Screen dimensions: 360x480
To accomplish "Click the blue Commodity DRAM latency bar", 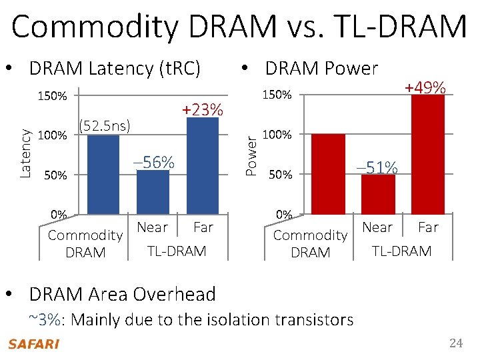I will pos(103,175).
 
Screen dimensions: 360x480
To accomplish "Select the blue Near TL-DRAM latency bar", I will pos(153,193).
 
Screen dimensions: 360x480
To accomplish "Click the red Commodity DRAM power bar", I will pos(328,174).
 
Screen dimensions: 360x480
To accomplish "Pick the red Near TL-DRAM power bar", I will pos(378,195).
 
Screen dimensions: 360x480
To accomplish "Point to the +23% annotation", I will pos(203,109).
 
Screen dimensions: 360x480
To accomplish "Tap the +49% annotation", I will pos(425,87).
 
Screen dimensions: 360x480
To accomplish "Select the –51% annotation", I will pos(377,167).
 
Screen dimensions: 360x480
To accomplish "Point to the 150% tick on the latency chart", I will pos(51,97).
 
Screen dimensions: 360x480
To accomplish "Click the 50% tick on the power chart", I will pos(279,175).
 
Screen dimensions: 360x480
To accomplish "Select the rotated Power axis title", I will pos(251,155).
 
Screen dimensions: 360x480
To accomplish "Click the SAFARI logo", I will pos(33,344).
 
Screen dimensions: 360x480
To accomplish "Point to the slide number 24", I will pos(455,343).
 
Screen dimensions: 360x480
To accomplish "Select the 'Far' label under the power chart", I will pos(428,227).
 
